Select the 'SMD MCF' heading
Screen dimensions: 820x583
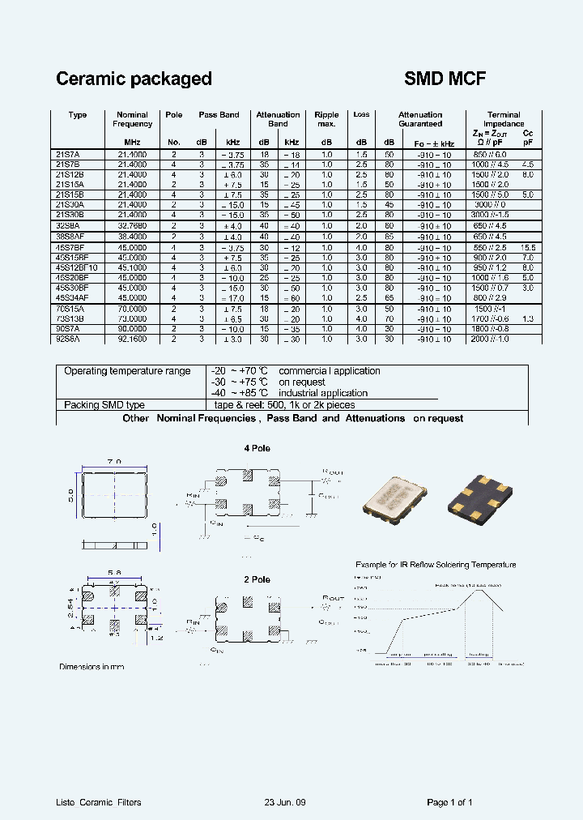tap(445, 79)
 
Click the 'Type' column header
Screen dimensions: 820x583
tap(78, 115)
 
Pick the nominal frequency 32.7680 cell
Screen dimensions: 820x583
tap(133, 226)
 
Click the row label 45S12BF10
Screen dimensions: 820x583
tap(77, 267)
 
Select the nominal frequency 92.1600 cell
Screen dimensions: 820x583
tap(133, 340)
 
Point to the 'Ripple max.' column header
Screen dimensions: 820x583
tap(326, 119)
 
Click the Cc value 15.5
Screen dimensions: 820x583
tap(527, 247)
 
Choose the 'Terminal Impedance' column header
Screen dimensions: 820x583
tap(504, 119)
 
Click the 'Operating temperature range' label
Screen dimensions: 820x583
tap(127, 371)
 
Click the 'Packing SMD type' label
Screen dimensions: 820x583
tap(104, 404)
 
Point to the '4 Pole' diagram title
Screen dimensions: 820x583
tap(257, 448)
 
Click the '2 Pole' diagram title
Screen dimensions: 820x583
tap(257, 579)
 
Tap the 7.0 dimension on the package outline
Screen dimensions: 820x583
tap(115, 461)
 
